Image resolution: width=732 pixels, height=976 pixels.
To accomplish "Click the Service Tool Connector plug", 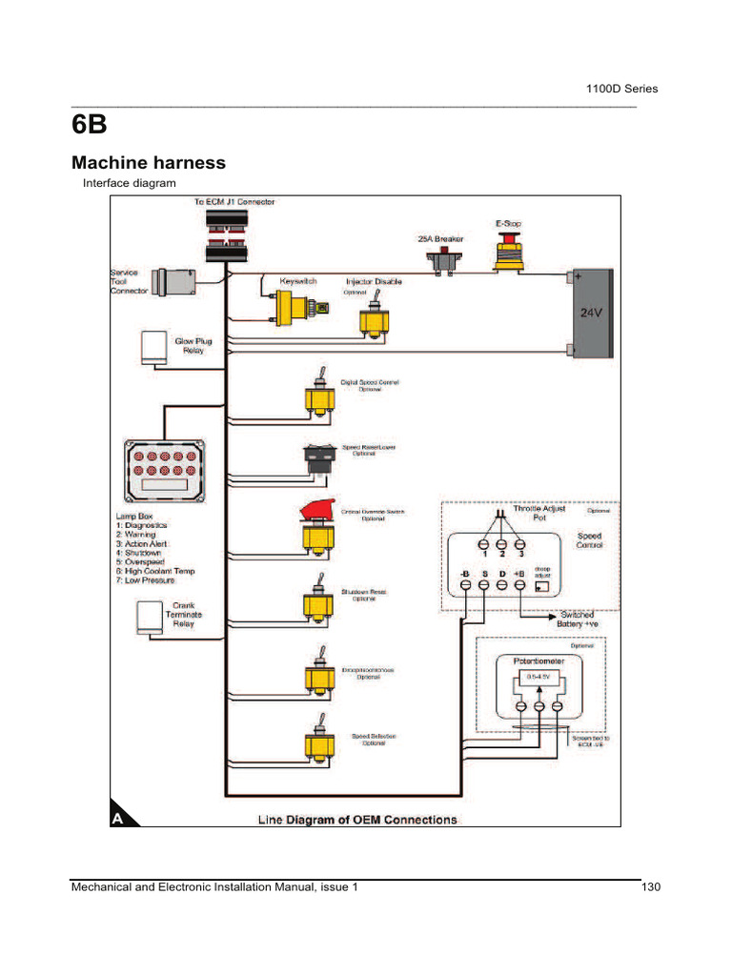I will coord(174,282).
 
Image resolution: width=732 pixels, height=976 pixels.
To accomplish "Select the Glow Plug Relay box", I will coord(152,347).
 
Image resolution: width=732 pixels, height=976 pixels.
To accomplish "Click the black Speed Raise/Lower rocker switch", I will coord(316,458).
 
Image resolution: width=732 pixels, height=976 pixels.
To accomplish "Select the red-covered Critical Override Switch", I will coord(315,527).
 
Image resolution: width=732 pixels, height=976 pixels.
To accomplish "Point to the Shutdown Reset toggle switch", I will coord(315,599).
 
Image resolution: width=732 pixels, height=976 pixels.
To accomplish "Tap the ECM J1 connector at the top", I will coord(229,234).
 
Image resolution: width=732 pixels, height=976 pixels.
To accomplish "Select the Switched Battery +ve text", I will coord(585,620).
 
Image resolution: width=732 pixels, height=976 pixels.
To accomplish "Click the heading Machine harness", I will coord(149,163).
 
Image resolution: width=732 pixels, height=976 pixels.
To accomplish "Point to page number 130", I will coord(651,887).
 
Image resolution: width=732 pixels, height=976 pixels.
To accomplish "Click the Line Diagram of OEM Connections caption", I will coord(357,820).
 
